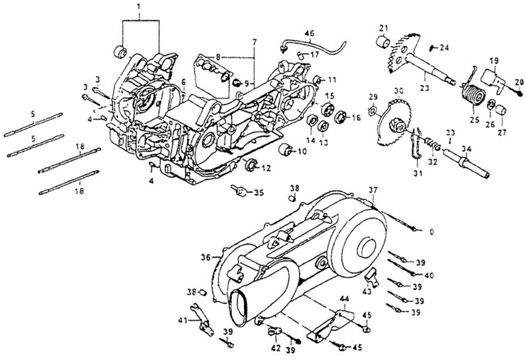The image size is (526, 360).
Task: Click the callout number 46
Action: [x=309, y=33]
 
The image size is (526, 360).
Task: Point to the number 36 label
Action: [x=206, y=257]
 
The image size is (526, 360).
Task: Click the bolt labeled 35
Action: [x=241, y=191]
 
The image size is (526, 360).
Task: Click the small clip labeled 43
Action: [x=370, y=274]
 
